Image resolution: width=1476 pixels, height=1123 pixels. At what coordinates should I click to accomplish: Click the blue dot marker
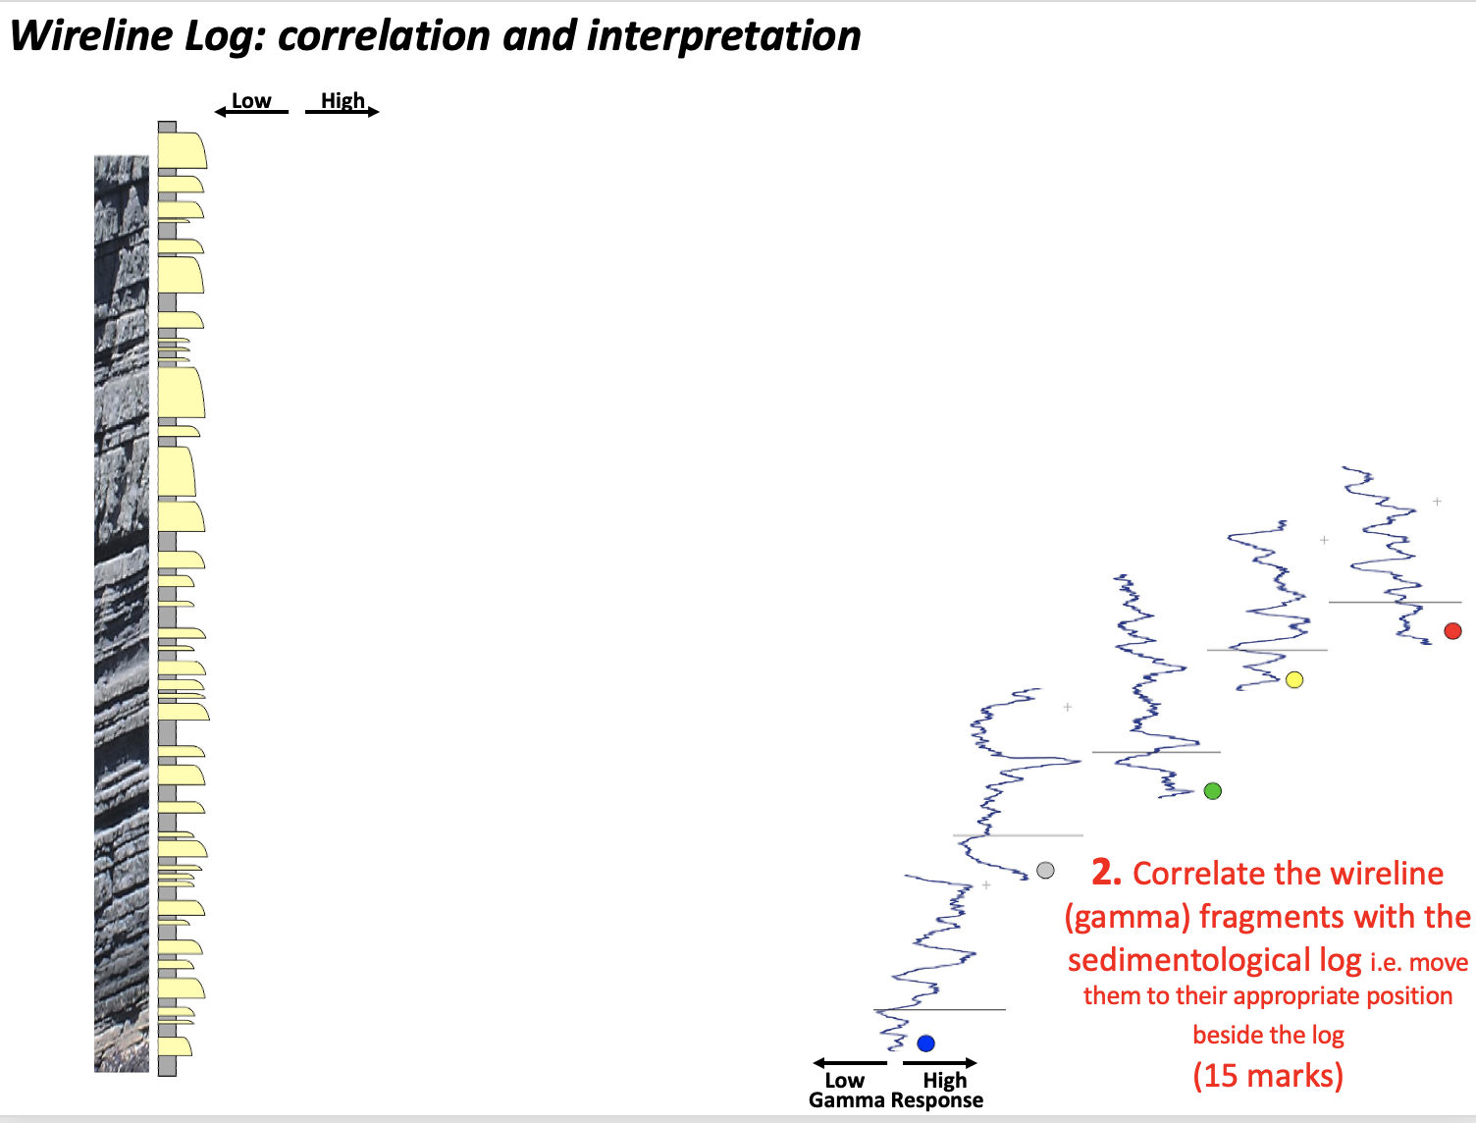[x=925, y=1043]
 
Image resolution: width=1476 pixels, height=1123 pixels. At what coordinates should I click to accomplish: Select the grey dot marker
[x=1045, y=871]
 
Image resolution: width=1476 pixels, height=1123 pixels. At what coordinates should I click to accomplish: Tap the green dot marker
[x=1213, y=791]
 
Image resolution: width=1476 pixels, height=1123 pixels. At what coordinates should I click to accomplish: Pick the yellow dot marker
[x=1294, y=680]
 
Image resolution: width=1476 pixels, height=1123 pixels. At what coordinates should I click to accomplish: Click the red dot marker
[x=1453, y=631]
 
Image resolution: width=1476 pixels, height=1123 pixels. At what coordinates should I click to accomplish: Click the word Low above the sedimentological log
[x=251, y=101]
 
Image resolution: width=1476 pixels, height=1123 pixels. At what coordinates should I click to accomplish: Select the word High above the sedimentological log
[x=343, y=101]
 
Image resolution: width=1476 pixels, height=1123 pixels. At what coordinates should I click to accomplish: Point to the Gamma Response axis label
[x=895, y=1100]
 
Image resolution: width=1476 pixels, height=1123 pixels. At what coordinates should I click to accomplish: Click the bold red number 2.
[x=1106, y=872]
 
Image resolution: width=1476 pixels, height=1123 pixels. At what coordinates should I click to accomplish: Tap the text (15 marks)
[x=1268, y=1076]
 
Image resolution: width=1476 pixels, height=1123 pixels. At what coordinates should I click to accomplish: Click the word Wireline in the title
[x=90, y=36]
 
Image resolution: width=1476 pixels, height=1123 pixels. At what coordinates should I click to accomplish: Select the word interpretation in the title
[x=723, y=36]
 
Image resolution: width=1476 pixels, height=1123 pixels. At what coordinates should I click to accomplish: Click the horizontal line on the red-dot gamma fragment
[x=1394, y=602]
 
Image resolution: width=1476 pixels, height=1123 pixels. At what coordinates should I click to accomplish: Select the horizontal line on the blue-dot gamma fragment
[x=940, y=1009]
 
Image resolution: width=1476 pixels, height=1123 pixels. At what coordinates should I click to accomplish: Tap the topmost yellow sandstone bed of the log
[x=182, y=151]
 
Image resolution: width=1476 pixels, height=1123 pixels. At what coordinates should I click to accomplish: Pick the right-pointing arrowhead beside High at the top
[x=374, y=112]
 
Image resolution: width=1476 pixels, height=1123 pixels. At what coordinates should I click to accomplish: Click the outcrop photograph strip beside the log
[x=122, y=609]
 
